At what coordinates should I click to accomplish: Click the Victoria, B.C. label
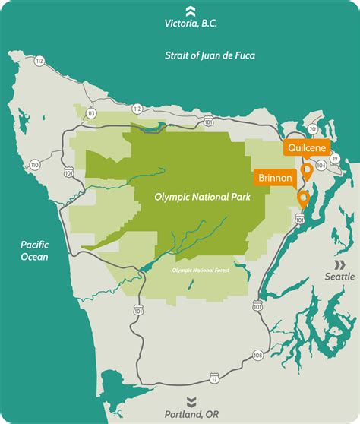click(190, 23)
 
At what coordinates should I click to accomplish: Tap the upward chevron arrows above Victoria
click(190, 9)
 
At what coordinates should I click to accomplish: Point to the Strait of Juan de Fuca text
click(210, 55)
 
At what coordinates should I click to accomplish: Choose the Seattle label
click(339, 277)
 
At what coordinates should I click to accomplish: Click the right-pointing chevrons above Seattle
click(339, 263)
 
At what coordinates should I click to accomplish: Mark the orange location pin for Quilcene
click(307, 169)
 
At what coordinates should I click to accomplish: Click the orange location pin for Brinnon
click(304, 199)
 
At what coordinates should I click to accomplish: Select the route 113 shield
click(91, 113)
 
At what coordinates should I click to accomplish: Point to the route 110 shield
click(34, 164)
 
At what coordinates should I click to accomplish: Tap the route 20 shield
click(312, 129)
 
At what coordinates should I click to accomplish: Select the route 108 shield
click(257, 354)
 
